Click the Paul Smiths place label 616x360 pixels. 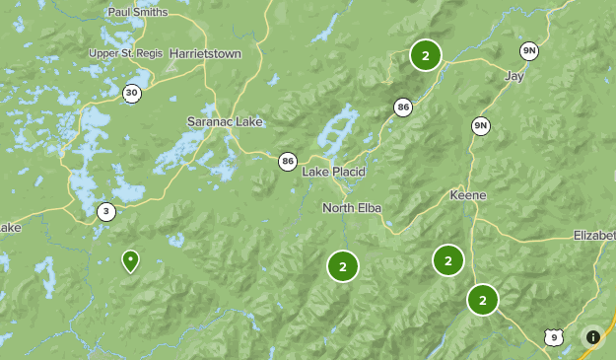(x=138, y=12)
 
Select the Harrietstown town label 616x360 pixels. (x=205, y=53)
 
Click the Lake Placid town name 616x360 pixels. (x=333, y=172)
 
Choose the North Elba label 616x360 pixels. (x=352, y=208)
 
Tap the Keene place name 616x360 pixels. (x=467, y=195)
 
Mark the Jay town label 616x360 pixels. (x=513, y=75)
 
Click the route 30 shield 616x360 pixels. (x=132, y=93)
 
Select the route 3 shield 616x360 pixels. (x=106, y=211)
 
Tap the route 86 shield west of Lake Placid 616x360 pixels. (x=287, y=161)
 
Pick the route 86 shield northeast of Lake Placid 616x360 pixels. (x=402, y=107)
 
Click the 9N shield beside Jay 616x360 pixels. (x=530, y=51)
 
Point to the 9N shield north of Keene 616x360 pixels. (x=481, y=125)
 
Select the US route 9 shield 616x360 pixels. (x=554, y=338)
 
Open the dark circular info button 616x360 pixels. (x=592, y=337)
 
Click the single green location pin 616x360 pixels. (x=130, y=260)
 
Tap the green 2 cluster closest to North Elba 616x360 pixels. (x=343, y=266)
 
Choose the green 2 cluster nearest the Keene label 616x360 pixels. (x=448, y=260)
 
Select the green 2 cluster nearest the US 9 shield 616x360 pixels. (x=483, y=299)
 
